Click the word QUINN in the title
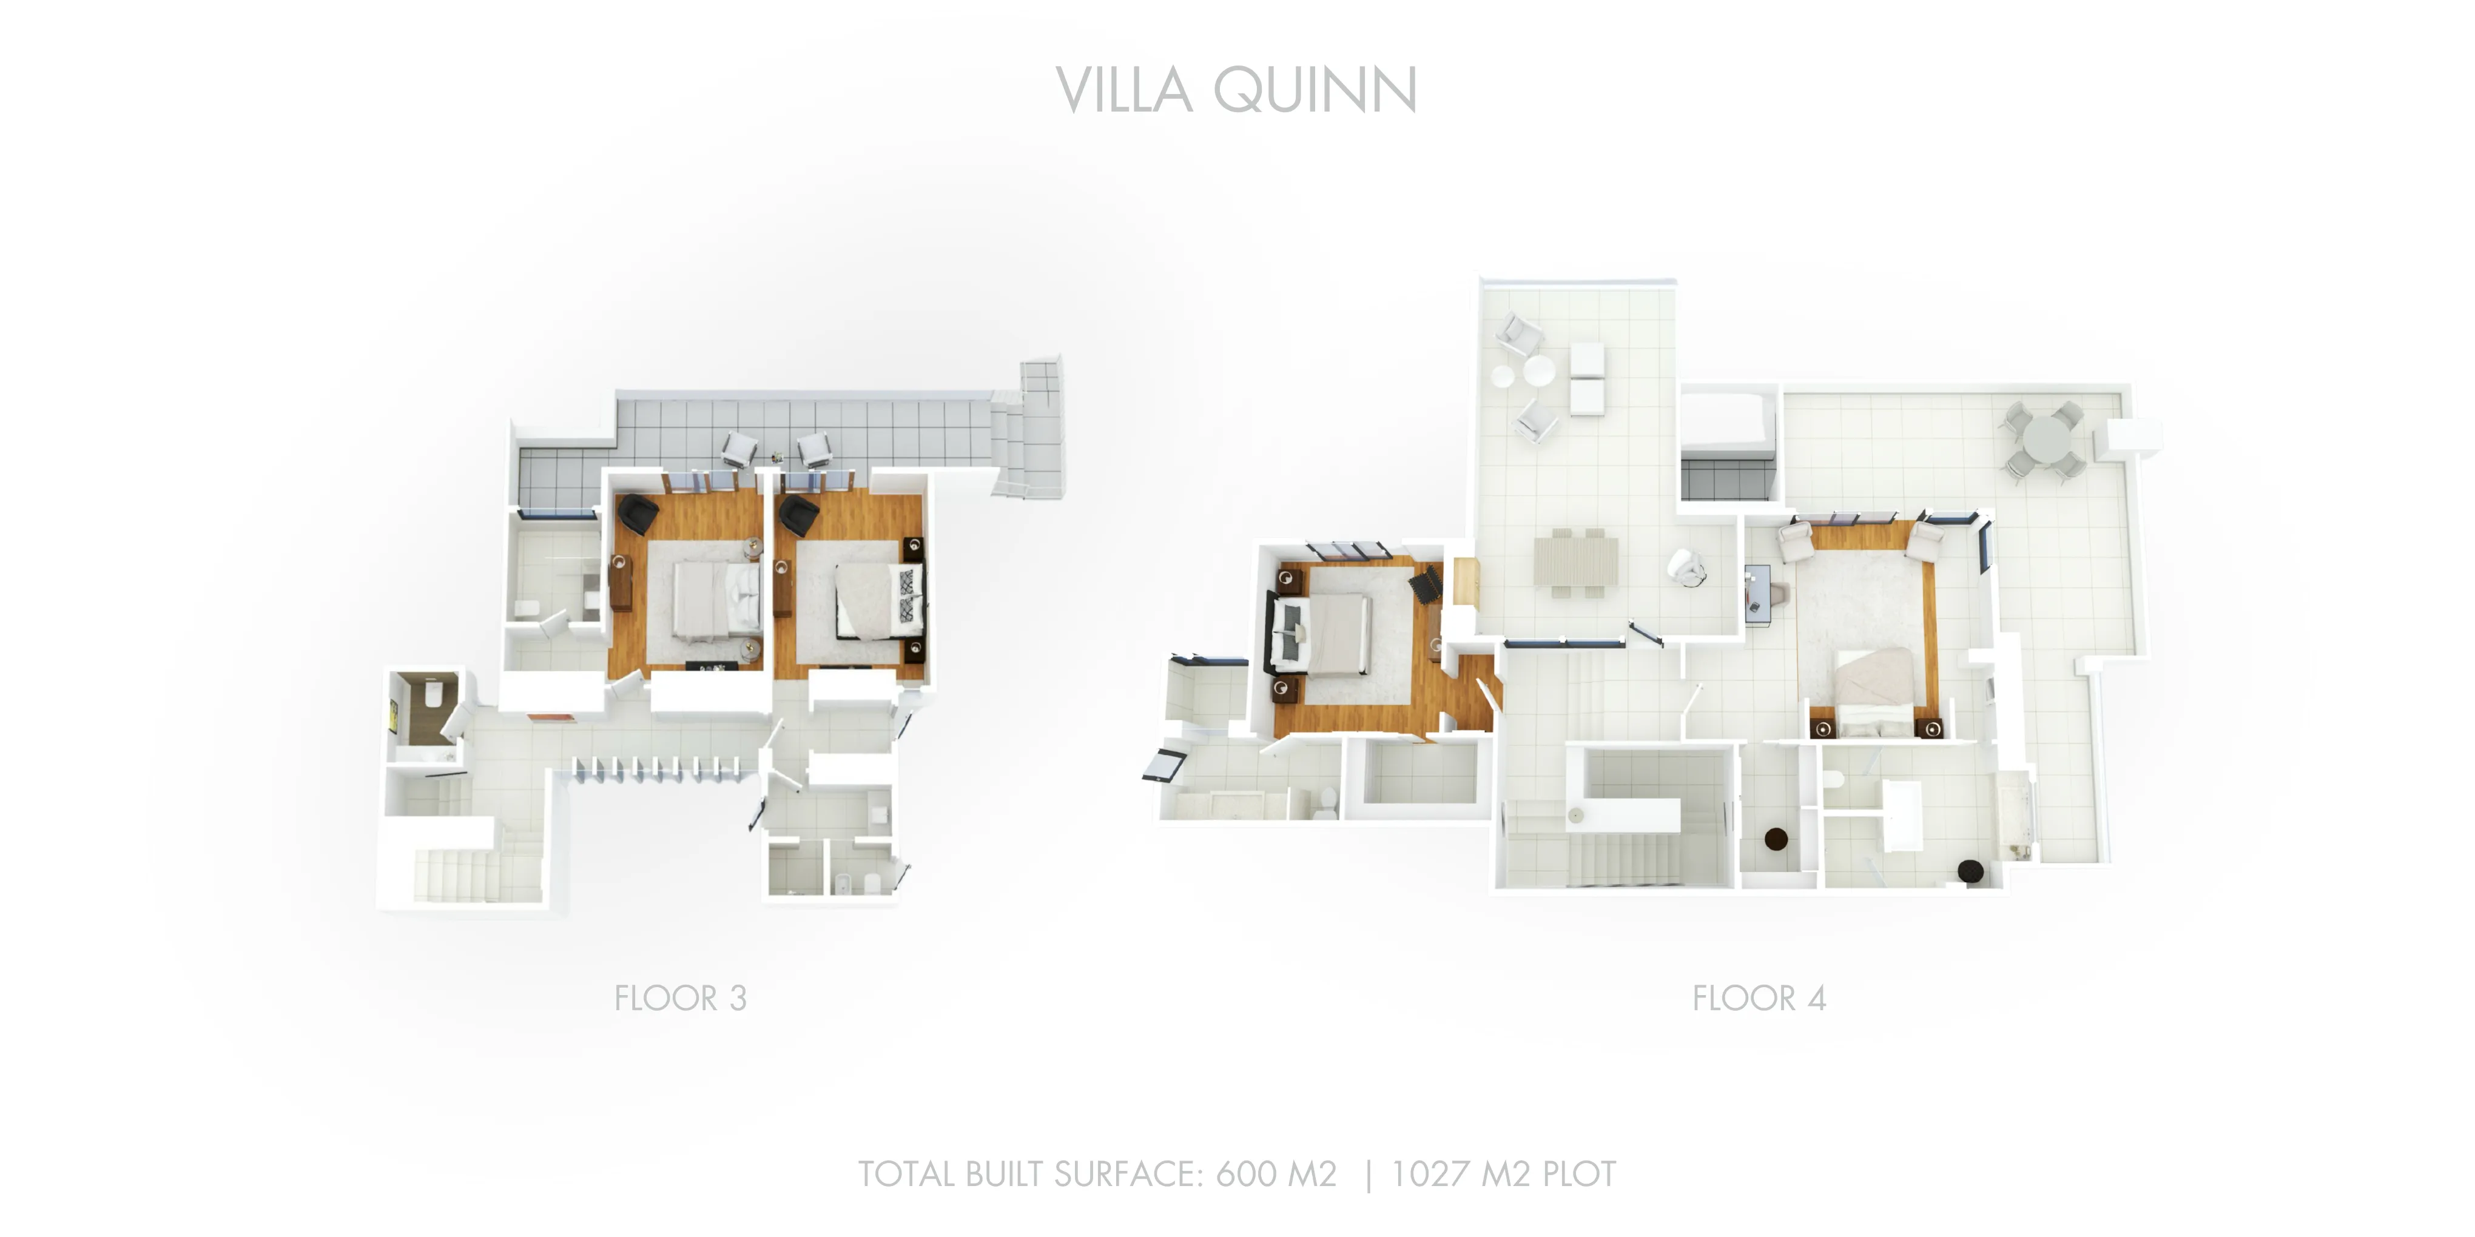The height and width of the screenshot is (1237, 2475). click(1315, 90)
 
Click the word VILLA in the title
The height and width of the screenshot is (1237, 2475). click(1124, 90)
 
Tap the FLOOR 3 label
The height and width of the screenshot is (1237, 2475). click(680, 999)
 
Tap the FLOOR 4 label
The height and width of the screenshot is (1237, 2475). click(1758, 999)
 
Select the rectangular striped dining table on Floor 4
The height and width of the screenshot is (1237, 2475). click(1576, 562)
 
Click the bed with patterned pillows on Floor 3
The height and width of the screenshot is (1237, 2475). click(878, 600)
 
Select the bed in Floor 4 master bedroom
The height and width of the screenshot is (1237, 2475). click(1874, 691)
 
